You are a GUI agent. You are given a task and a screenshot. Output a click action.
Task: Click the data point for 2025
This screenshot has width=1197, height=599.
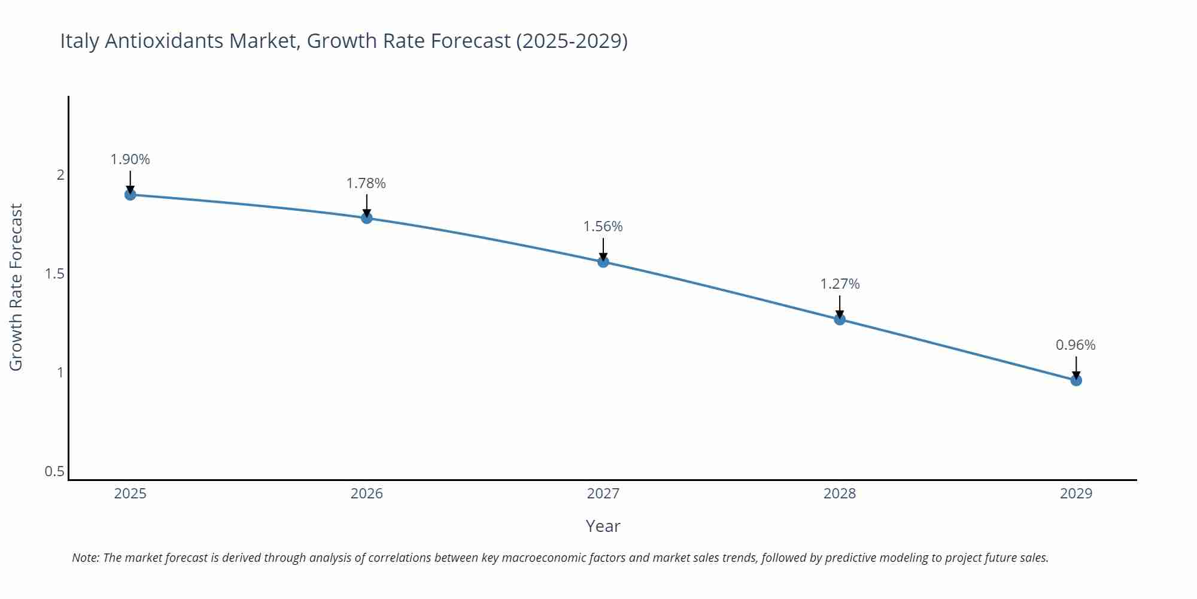tap(130, 195)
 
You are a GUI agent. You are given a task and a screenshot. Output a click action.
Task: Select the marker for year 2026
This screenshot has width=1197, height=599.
tap(367, 218)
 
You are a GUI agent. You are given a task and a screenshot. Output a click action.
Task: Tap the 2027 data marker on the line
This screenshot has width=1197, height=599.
tap(603, 262)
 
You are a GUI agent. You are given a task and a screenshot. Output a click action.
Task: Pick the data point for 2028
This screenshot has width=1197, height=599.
tap(840, 319)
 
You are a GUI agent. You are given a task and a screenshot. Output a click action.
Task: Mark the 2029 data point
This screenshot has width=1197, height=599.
tap(1076, 380)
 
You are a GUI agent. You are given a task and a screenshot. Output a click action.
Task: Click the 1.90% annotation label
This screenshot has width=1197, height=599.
tap(130, 159)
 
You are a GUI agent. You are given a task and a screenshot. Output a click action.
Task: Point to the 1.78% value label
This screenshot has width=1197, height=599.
tap(366, 183)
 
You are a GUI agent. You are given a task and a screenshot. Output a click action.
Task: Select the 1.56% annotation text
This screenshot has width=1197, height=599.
tap(603, 226)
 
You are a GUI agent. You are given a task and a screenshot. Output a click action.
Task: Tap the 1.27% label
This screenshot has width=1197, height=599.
tap(840, 284)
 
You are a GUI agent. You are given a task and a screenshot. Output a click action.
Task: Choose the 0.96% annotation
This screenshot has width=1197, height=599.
tap(1076, 345)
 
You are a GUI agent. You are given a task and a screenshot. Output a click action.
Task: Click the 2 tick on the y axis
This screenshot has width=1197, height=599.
tap(60, 175)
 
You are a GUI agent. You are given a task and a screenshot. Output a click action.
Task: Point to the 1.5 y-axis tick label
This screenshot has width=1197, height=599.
tap(54, 274)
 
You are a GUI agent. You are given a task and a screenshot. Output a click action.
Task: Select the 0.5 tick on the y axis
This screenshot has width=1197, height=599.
tap(54, 471)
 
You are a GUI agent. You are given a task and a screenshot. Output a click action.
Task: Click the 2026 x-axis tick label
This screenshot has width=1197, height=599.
tap(366, 494)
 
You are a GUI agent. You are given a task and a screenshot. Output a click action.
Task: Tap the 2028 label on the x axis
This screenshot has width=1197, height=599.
tap(840, 494)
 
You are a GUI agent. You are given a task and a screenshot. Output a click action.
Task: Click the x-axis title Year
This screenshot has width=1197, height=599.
tap(603, 526)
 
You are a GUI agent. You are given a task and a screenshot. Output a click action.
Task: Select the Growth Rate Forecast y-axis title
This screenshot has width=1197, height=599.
tap(16, 288)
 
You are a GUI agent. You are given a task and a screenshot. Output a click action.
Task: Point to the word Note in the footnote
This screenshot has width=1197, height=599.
tap(85, 558)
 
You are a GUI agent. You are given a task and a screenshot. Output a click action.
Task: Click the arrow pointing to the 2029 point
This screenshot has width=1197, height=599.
tap(1076, 367)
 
